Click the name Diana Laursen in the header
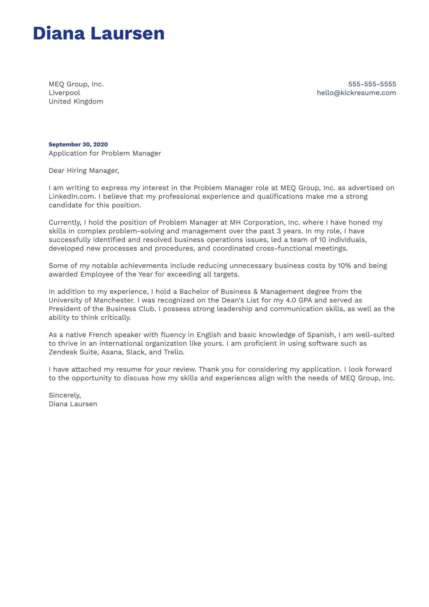(99, 33)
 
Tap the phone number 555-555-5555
(372, 84)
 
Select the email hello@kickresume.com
(356, 93)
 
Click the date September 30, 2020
(78, 144)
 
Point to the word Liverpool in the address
(64, 93)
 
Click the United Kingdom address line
(76, 101)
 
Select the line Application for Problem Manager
(105, 153)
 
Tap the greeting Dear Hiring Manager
(84, 170)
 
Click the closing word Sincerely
(65, 395)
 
